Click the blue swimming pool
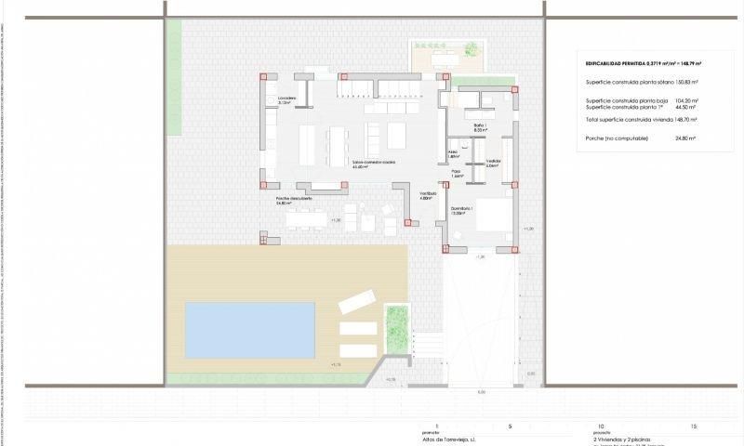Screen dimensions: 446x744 pyautogui.click(x=249, y=329)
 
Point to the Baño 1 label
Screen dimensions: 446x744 pyautogui.click(x=480, y=127)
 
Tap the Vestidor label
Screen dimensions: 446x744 pyautogui.click(x=493, y=163)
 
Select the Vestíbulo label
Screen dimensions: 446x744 pyautogui.click(x=427, y=195)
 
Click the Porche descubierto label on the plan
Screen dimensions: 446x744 pyautogui.click(x=293, y=199)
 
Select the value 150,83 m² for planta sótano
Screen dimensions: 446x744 pyautogui.click(x=684, y=83)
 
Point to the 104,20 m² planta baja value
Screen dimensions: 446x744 pyautogui.click(x=685, y=100)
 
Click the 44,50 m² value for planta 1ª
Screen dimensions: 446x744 pyautogui.click(x=685, y=107)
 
